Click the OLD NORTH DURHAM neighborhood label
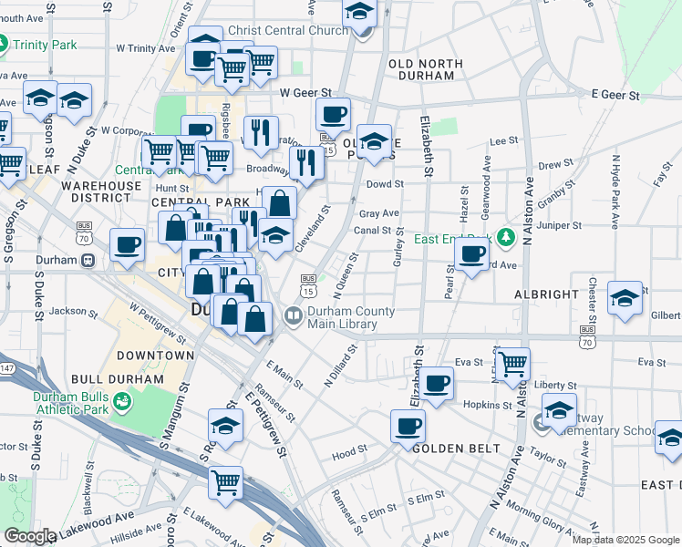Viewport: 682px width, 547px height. point(427,63)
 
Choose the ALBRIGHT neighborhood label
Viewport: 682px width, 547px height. point(546,294)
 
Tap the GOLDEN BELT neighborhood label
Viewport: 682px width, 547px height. point(456,449)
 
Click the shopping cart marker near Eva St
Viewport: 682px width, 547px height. point(512,363)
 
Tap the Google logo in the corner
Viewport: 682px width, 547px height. point(29,537)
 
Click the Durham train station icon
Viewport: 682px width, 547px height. point(88,260)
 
